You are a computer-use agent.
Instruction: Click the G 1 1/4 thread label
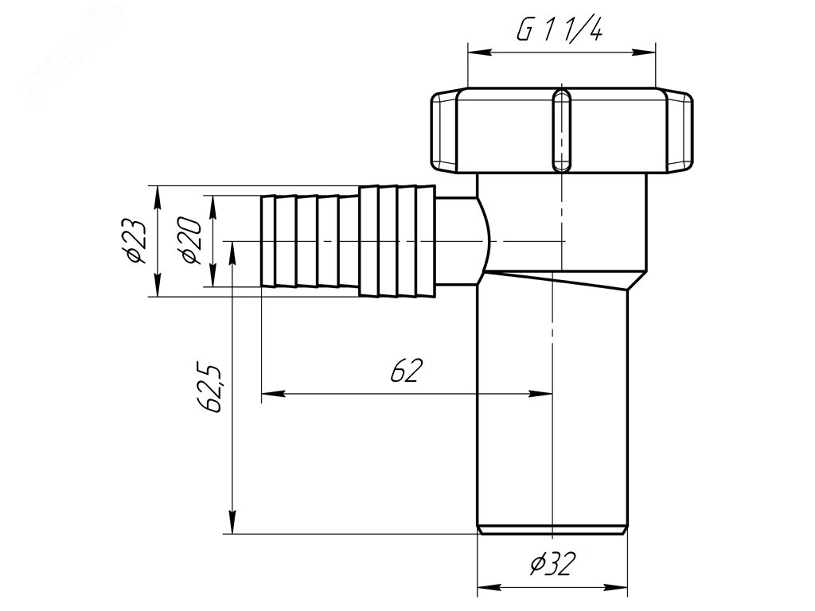pos(560,31)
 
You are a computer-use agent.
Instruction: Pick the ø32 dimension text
pos(553,563)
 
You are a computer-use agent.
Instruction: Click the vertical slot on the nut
pos(561,130)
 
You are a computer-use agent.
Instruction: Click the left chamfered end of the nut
pos(444,131)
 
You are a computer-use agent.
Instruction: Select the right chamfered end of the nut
pos(680,131)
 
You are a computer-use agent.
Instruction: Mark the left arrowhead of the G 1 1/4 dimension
pos(479,52)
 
